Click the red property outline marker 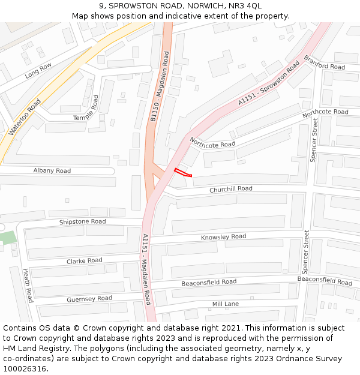[x=182, y=173]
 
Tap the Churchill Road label [x=230, y=189]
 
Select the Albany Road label [x=52, y=171]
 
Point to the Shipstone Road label [x=82, y=222]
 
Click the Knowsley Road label [x=223, y=237]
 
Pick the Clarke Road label [x=84, y=261]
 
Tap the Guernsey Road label [x=89, y=299]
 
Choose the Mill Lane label [x=225, y=304]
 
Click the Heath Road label [x=28, y=285]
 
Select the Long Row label [x=38, y=71]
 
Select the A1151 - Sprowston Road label [x=268, y=83]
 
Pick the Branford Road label [x=325, y=62]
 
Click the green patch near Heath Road [x=7, y=236]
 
